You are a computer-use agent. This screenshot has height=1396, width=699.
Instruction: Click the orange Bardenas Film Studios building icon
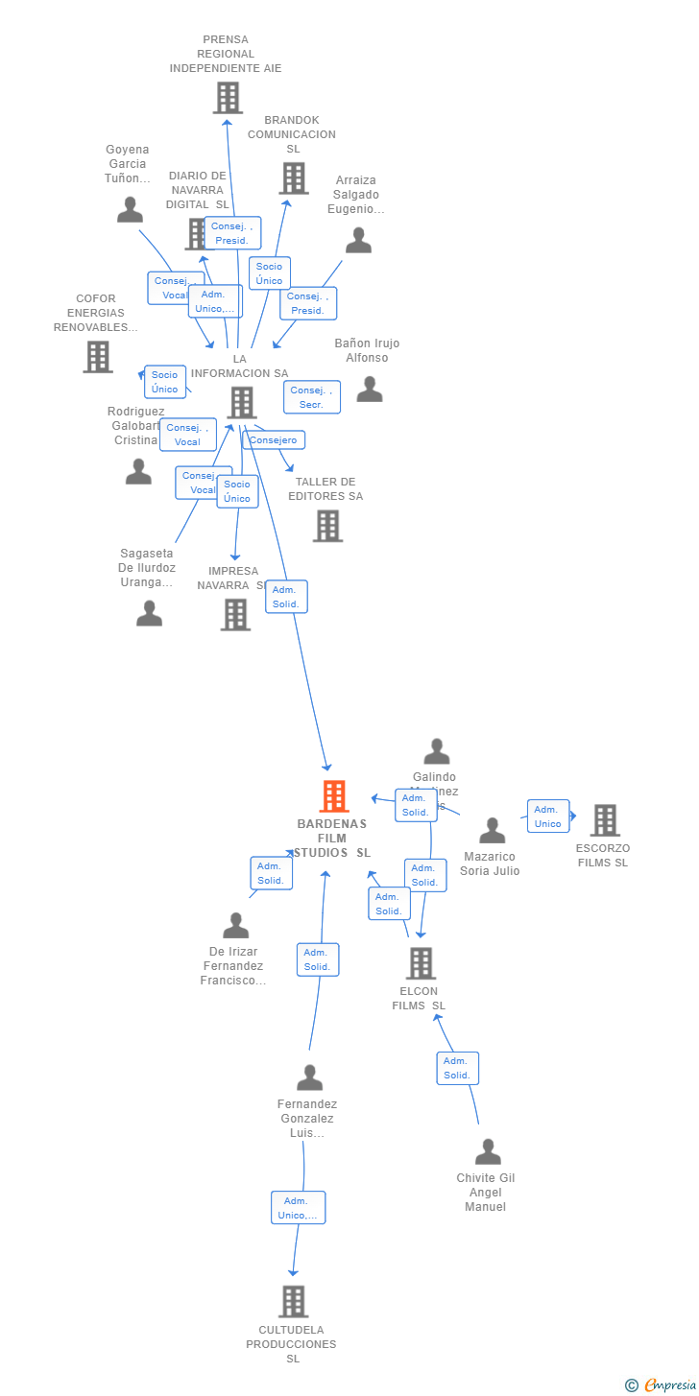click(333, 796)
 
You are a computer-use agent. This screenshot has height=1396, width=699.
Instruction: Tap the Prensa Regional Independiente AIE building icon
click(228, 98)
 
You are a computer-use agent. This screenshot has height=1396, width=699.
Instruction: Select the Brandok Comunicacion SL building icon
click(293, 178)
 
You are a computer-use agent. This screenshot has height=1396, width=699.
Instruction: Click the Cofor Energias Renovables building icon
click(97, 357)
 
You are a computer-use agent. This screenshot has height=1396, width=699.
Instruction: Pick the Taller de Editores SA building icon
click(327, 526)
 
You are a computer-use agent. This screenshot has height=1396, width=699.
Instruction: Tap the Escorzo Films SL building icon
click(604, 820)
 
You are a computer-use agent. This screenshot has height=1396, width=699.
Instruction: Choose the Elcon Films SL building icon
click(421, 963)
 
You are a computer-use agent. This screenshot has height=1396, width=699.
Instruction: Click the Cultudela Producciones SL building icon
click(293, 1302)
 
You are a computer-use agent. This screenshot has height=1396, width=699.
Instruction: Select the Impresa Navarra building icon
click(235, 615)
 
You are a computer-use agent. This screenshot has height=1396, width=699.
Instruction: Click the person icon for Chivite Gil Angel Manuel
click(488, 1151)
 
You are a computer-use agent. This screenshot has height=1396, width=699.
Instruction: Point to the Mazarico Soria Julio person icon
click(492, 831)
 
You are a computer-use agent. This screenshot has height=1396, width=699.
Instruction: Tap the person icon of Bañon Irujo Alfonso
click(370, 389)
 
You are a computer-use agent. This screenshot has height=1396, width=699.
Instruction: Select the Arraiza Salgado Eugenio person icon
click(358, 240)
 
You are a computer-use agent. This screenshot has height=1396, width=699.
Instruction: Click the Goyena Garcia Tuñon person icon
click(130, 209)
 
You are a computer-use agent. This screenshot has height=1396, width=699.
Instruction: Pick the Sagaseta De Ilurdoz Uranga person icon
click(149, 613)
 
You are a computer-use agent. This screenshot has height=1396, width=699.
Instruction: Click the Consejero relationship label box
click(274, 440)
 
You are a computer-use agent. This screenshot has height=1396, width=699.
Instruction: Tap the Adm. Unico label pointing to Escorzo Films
click(547, 816)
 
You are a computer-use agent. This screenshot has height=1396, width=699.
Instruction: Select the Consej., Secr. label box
click(312, 397)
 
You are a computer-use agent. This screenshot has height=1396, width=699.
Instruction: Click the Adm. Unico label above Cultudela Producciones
click(298, 1208)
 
